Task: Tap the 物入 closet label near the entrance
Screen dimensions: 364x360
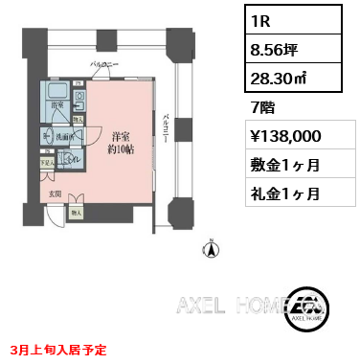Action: [x=77, y=213]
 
